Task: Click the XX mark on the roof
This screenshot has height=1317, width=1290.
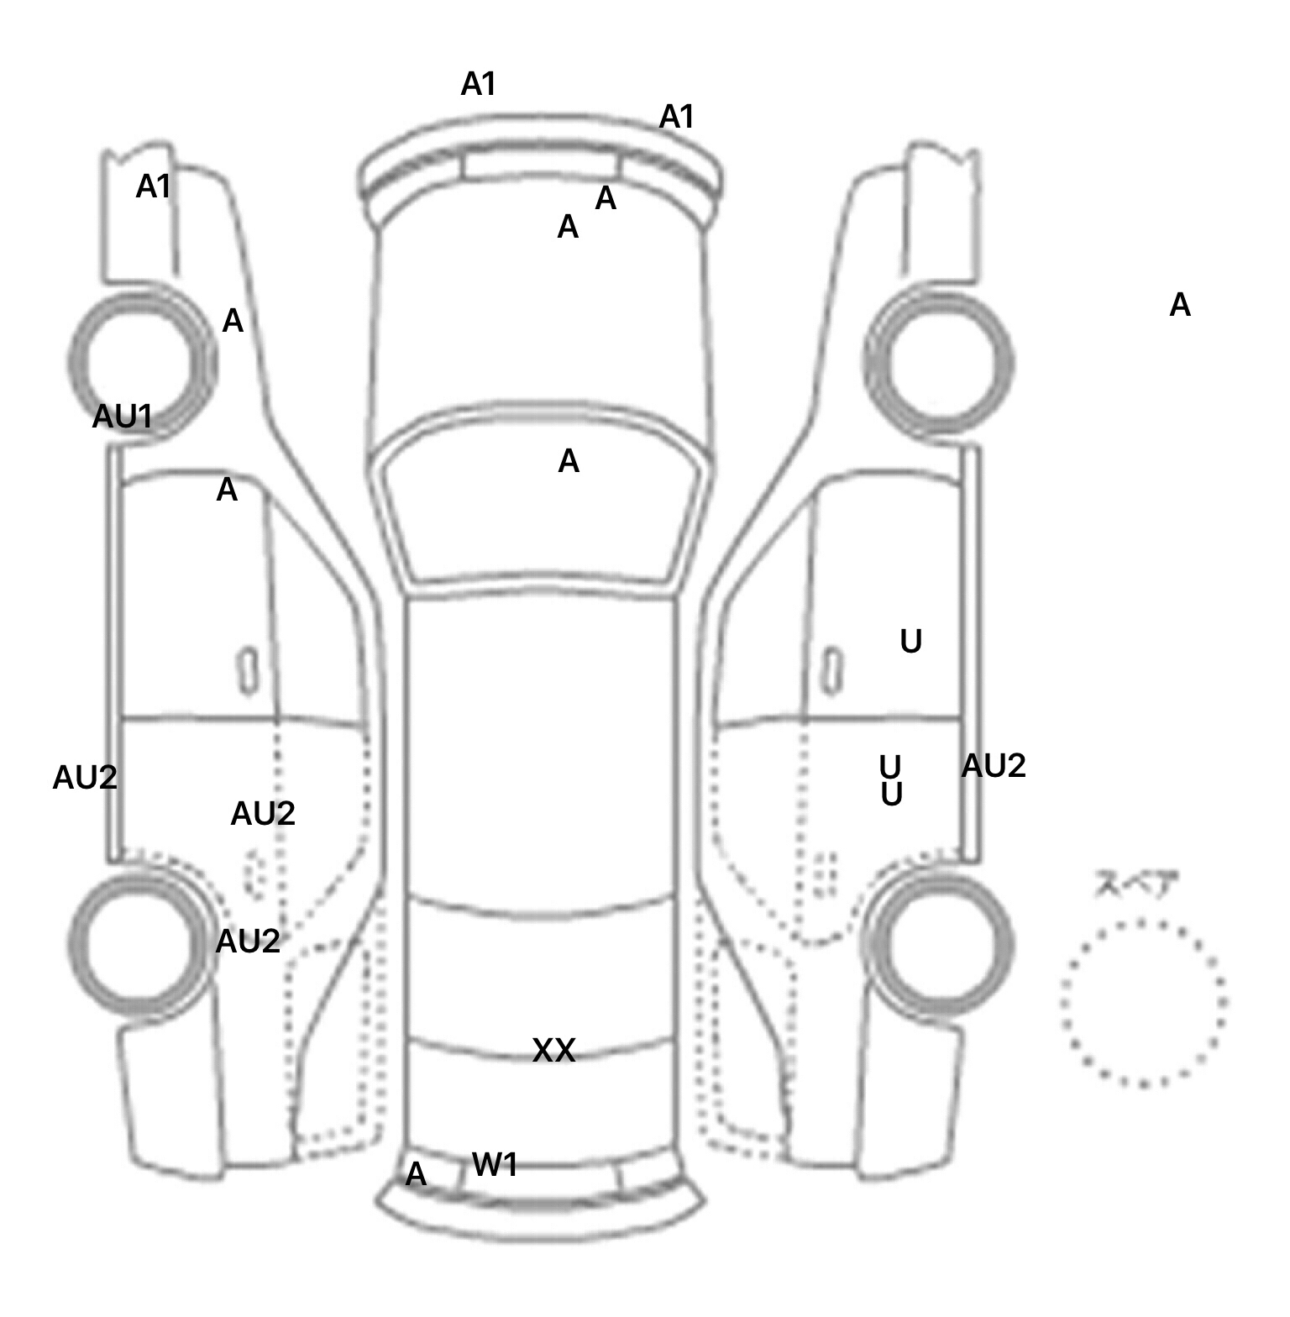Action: pos(554,1050)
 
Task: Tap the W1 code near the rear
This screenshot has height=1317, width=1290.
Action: pos(495,1164)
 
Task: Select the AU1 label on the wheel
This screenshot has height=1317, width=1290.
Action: pos(123,416)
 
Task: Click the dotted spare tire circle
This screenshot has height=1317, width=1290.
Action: pos(1143,1002)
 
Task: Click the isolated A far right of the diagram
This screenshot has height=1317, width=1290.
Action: pos(1180,305)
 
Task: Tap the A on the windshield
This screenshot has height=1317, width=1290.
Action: pos(569,461)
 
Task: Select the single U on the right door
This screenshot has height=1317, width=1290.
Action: pos(910,642)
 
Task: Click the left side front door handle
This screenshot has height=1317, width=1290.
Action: pos(248,671)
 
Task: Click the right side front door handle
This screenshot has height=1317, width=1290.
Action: pos(832,671)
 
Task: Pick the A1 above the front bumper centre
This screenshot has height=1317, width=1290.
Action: pos(479,84)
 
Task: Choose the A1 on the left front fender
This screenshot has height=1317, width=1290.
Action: pos(154,186)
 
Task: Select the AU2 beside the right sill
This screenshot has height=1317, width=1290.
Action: pos(994,766)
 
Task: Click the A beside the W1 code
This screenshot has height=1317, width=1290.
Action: pos(416,1174)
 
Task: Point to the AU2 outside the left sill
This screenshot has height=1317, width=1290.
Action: pos(85,778)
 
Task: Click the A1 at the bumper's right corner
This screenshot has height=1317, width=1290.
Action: pos(677,117)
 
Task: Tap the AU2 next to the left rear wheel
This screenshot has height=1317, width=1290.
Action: pos(248,942)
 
